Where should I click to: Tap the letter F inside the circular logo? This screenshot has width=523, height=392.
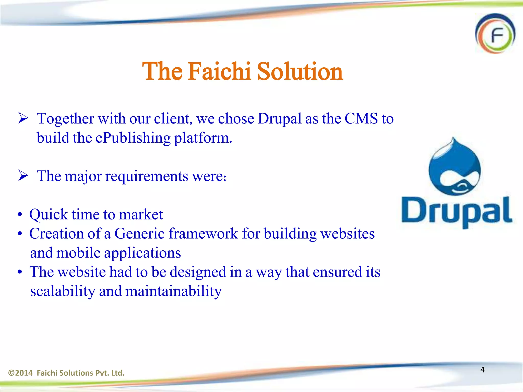(x=497, y=35)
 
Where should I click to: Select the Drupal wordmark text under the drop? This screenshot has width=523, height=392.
(x=457, y=211)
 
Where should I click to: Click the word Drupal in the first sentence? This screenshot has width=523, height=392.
(x=280, y=119)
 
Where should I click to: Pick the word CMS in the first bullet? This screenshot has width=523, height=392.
(x=361, y=119)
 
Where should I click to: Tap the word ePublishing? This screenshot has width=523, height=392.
(x=133, y=138)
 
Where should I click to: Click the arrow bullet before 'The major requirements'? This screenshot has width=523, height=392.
(x=23, y=176)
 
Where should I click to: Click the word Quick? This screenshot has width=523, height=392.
(x=48, y=214)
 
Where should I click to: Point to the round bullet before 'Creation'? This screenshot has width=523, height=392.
(x=20, y=234)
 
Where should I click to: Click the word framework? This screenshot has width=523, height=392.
(x=203, y=234)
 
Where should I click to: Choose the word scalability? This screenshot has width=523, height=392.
(x=63, y=291)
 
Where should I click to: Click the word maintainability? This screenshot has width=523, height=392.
(x=174, y=291)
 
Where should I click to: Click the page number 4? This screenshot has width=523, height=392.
(x=482, y=370)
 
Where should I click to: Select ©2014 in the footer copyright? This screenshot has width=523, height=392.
(x=20, y=373)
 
